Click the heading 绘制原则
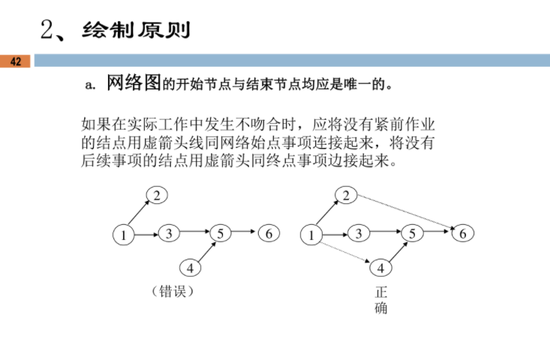[x=137, y=30]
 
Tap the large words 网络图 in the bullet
[x=134, y=82]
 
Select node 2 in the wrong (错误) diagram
[x=157, y=196]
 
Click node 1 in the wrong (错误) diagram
[x=122, y=235]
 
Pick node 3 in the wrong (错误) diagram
[x=170, y=233]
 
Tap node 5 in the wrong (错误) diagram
[x=220, y=233]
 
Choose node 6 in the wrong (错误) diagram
[x=269, y=233]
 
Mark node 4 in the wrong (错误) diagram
[x=190, y=267]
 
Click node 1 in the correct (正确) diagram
[x=310, y=235]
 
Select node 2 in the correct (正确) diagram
[x=345, y=196]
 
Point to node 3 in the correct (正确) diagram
[x=359, y=233]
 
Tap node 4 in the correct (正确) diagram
[x=380, y=267]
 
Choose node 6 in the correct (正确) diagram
[x=463, y=233]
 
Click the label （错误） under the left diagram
[x=173, y=290]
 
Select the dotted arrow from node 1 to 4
[x=344, y=250]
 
